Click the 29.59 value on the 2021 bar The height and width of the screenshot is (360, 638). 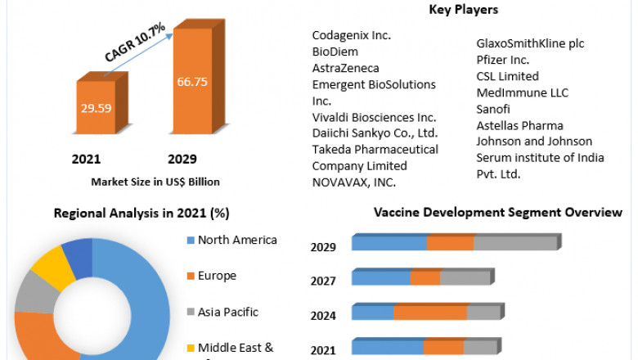click(96, 107)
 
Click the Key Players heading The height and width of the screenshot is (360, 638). click(463, 10)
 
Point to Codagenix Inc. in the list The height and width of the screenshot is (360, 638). click(352, 35)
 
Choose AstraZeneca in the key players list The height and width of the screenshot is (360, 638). click(345, 68)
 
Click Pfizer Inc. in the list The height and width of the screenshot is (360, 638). click(503, 60)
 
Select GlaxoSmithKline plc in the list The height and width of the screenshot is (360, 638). click(530, 43)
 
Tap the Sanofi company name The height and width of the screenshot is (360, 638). click(495, 109)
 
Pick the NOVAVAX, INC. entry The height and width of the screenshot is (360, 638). click(353, 182)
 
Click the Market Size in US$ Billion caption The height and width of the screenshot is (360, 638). click(155, 181)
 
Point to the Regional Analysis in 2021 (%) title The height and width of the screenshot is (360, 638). click(141, 214)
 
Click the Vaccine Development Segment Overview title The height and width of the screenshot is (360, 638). click(497, 213)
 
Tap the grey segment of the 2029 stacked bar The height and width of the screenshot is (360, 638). click(514, 243)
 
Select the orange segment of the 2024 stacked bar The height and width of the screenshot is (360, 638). click(430, 313)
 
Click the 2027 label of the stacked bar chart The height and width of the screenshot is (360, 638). click(323, 281)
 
